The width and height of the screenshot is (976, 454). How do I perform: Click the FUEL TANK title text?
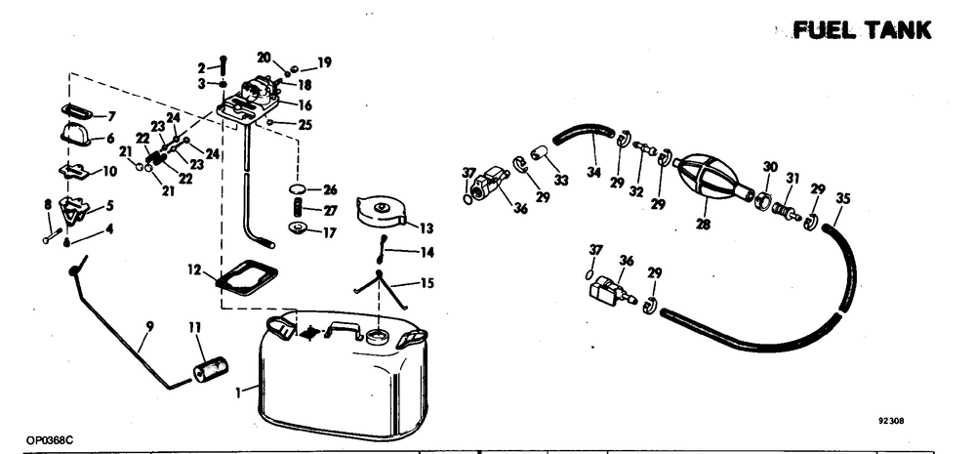coord(862,31)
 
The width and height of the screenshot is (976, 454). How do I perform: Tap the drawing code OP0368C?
coord(50,440)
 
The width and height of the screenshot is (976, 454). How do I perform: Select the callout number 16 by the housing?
coord(305,104)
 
